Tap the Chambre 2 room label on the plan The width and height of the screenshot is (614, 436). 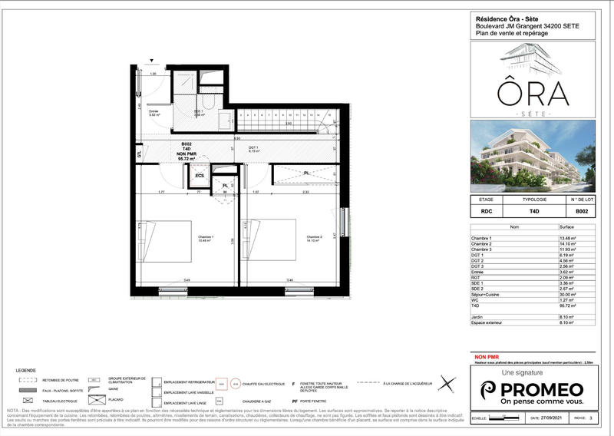pyautogui.click(x=315, y=238)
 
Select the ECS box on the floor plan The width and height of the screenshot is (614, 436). pyautogui.click(x=200, y=176)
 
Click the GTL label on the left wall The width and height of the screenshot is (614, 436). pyautogui.click(x=139, y=154)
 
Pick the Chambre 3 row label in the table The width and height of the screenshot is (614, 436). pyautogui.click(x=484, y=251)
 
